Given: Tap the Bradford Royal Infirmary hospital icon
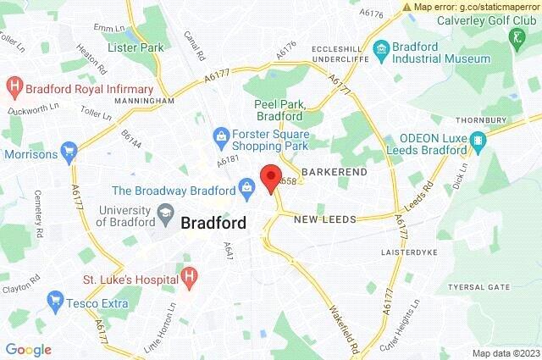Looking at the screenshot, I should pyautogui.click(x=14, y=86).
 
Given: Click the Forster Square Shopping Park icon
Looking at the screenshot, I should pyautogui.click(x=220, y=136).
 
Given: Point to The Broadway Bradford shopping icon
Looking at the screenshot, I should pyautogui.click(x=247, y=185).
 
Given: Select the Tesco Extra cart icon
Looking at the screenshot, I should pyautogui.click(x=56, y=299).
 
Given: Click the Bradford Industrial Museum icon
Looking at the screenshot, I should pyautogui.click(x=380, y=49).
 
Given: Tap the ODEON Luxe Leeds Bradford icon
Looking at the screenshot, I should pyautogui.click(x=479, y=140).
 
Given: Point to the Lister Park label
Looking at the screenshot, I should pyautogui.click(x=135, y=47).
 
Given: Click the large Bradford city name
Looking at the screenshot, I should pyautogui.click(x=214, y=224).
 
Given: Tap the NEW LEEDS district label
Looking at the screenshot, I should pyautogui.click(x=325, y=219).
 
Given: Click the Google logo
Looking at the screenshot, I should pyautogui.click(x=29, y=350).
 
